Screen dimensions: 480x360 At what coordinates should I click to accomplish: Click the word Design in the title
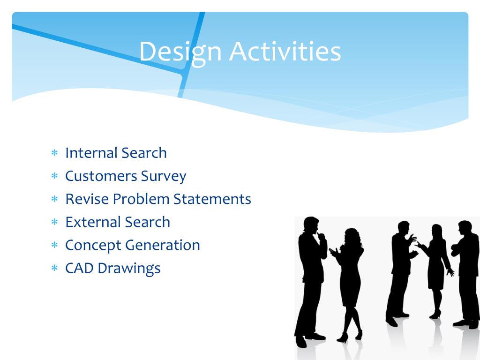180,52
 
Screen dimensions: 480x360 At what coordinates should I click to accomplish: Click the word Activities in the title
285,51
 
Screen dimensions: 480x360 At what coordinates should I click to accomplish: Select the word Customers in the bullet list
101,176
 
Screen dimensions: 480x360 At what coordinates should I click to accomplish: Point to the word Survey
164,177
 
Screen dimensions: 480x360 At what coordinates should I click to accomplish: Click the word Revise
87,199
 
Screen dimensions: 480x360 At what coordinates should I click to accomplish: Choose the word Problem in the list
141,199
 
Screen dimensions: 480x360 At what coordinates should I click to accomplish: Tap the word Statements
212,199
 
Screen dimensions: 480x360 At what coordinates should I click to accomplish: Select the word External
93,222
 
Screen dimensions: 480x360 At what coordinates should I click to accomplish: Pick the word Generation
163,245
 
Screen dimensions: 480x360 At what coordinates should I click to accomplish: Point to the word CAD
79,268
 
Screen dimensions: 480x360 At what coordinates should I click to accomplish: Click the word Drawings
129,269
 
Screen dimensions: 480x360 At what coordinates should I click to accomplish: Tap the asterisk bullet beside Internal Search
54,152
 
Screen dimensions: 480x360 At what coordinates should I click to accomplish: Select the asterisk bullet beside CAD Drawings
54,268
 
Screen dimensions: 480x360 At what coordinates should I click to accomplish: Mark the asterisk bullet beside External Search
54,222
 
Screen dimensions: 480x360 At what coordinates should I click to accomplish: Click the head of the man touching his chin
311,225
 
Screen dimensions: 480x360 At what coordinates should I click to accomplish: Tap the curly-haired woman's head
352,237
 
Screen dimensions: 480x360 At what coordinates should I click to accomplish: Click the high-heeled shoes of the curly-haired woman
350,336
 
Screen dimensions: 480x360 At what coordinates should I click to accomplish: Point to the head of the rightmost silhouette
465,228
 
